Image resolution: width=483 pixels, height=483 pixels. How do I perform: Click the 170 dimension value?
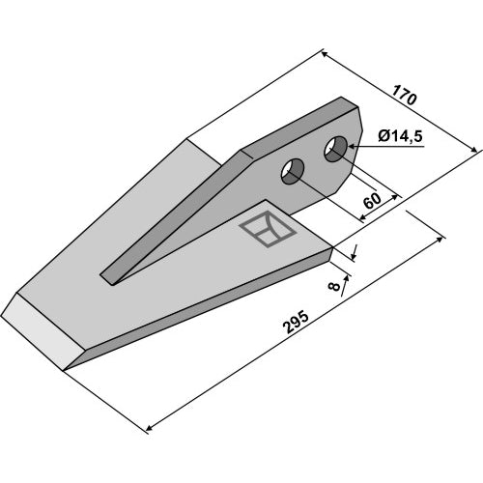point(405,95)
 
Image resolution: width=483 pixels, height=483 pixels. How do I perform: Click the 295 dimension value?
point(296,322)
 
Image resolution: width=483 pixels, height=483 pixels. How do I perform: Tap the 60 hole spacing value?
point(372,201)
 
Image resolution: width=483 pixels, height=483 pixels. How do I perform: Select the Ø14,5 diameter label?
point(400,136)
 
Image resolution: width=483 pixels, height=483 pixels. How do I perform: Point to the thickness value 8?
point(335,286)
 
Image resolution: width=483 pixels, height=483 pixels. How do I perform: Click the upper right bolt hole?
point(335,150)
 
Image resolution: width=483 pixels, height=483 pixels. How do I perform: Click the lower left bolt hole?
point(293,171)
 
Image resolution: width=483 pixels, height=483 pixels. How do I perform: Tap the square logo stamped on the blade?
point(268,229)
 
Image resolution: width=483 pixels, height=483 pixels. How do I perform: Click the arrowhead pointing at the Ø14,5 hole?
point(352,147)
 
